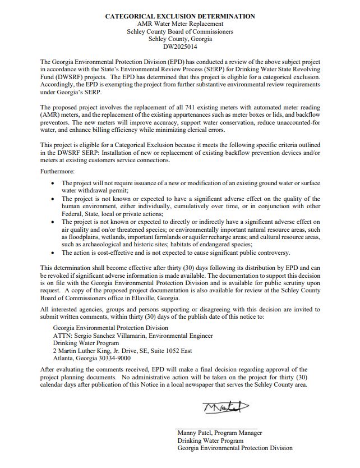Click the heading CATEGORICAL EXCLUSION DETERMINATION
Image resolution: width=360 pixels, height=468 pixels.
pyautogui.click(x=180, y=16)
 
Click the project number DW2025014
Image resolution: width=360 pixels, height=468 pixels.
pyautogui.click(x=180, y=47)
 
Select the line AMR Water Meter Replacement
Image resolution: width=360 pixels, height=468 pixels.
pyautogui.click(x=180, y=24)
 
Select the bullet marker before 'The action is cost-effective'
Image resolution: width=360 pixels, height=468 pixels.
pyautogui.click(x=53, y=253)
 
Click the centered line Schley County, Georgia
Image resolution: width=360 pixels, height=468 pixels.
pyautogui.click(x=180, y=39)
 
